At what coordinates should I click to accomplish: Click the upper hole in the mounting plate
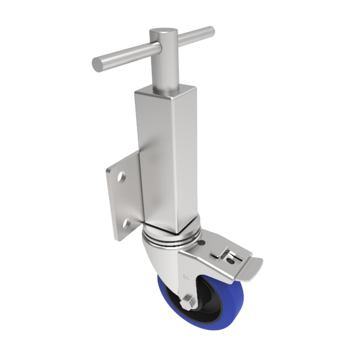click(122, 178)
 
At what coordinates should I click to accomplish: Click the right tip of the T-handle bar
click(209, 30)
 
